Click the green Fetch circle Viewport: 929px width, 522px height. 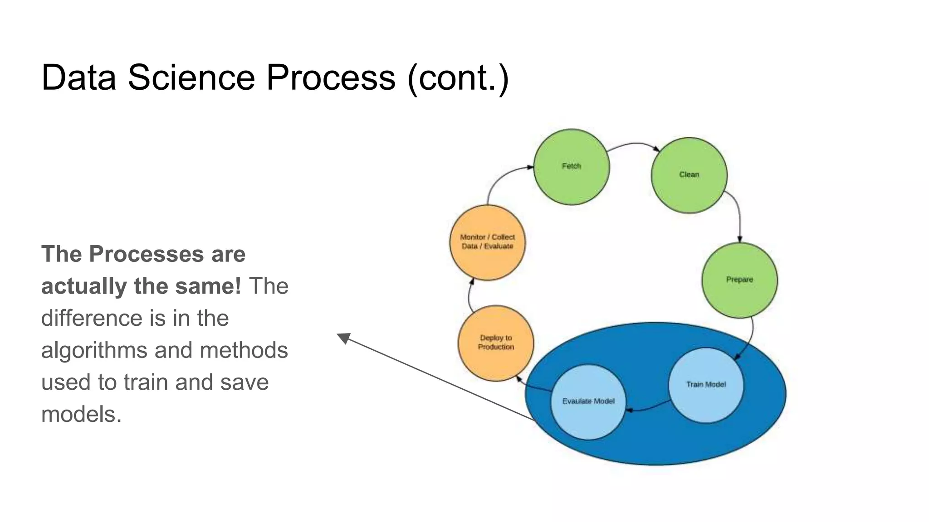click(571, 167)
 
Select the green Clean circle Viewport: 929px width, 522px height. click(689, 175)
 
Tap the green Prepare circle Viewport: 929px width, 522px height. click(739, 280)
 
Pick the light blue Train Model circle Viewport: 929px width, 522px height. click(706, 385)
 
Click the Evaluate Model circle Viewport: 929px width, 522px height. click(588, 402)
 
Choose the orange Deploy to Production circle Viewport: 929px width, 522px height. click(496, 343)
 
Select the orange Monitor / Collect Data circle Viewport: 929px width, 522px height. click(487, 242)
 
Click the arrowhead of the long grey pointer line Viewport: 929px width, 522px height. click(343, 338)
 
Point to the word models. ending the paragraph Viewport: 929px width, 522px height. click(81, 414)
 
